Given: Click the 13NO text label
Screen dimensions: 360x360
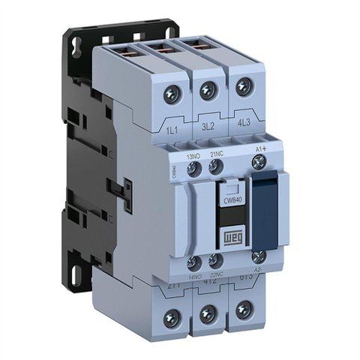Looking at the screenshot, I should (194, 156).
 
